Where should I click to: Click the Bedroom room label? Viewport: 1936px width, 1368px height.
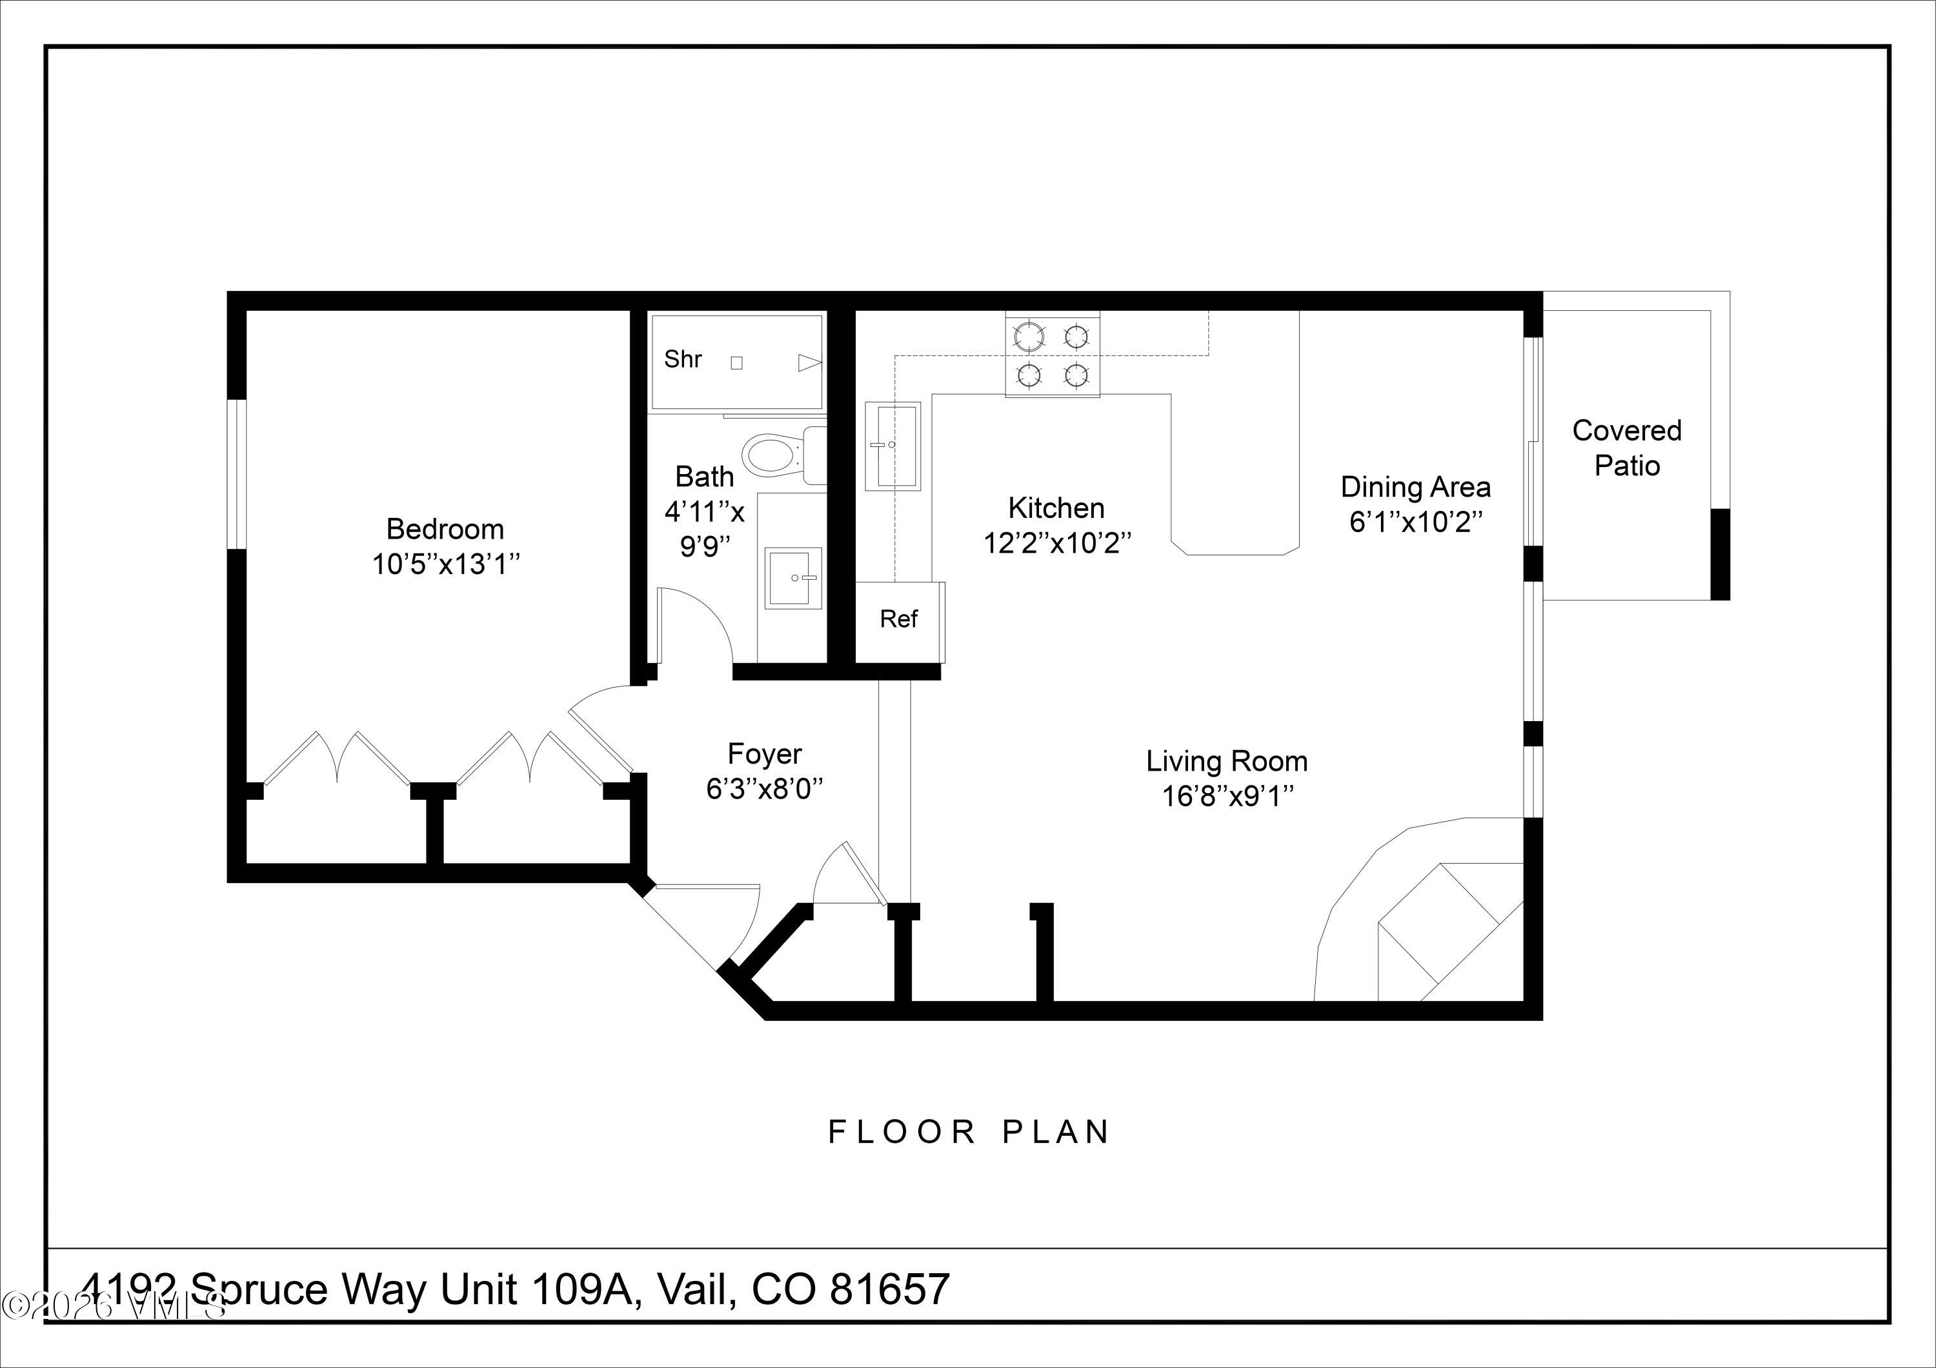pos(445,530)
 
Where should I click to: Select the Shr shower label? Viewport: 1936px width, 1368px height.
pos(682,359)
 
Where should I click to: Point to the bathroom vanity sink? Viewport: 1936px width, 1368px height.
pos(792,577)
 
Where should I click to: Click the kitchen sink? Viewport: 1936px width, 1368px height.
pos(892,445)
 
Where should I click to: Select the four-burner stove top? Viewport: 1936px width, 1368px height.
pos(1051,355)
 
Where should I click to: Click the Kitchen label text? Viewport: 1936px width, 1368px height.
pos(1056,508)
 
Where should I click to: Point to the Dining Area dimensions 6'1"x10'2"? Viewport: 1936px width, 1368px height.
pos(1416,522)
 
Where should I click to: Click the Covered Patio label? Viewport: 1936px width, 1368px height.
pos(1626,448)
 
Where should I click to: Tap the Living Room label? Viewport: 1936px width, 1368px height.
pos(1226,761)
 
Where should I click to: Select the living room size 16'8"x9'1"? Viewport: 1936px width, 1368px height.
pos(1227,797)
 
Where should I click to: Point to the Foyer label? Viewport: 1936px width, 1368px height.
pos(764,753)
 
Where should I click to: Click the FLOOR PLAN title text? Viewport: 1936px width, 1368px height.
pos(969,1132)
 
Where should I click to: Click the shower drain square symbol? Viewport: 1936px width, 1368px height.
pos(736,362)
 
